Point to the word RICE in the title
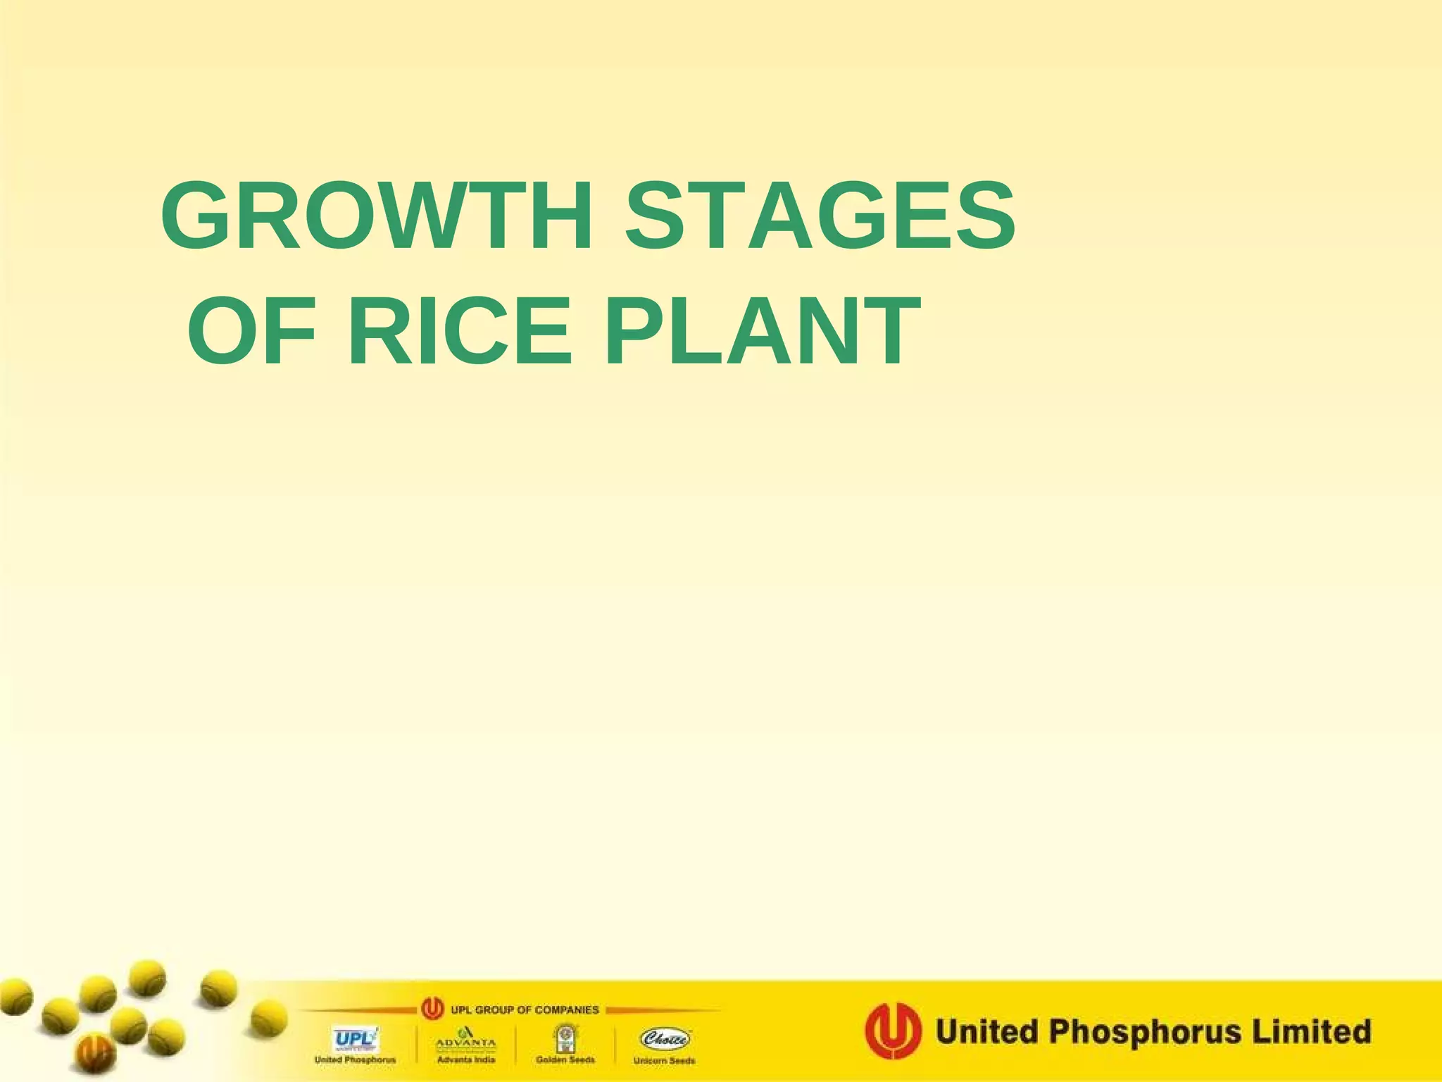point(459,331)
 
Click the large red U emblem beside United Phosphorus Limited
point(893,1031)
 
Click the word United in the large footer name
point(986,1031)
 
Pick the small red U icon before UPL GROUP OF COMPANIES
point(432,1009)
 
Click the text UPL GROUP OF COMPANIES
point(525,1009)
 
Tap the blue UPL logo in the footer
point(355,1038)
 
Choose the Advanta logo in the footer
point(466,1038)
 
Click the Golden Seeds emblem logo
point(565,1038)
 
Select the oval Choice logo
point(664,1038)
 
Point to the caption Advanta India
point(466,1059)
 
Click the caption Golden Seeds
point(565,1059)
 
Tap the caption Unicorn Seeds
point(664,1060)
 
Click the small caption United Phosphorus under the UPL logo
point(355,1059)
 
